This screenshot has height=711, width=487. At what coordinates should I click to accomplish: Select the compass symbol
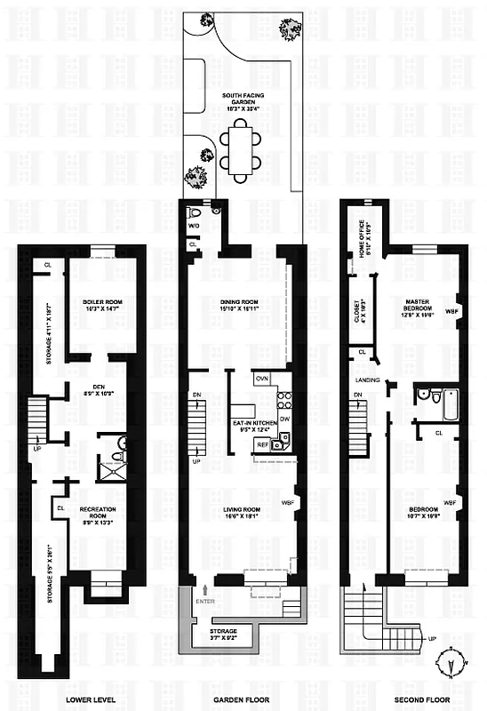[451, 665]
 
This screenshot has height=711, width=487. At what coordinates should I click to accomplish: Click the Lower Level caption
[88, 699]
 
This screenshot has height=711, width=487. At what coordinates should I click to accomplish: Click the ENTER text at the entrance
[206, 601]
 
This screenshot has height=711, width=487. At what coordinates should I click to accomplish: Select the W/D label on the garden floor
[193, 226]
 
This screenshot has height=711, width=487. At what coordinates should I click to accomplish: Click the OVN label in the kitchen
[262, 378]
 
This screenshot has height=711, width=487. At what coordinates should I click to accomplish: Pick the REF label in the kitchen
[263, 444]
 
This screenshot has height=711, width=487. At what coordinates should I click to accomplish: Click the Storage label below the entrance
[219, 634]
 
